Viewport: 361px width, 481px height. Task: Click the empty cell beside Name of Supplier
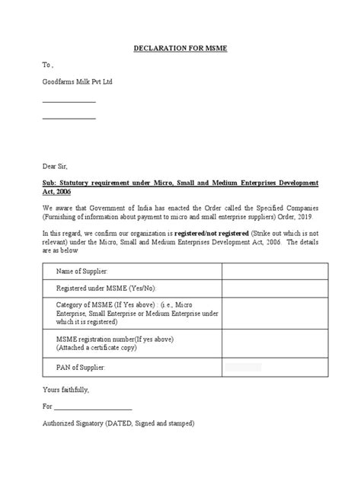(x=274, y=272)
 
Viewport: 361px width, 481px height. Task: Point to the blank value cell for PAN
(x=274, y=368)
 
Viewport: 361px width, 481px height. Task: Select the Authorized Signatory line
(x=118, y=422)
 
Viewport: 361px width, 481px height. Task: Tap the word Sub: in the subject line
(x=50, y=184)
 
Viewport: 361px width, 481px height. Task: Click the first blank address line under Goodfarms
(x=69, y=101)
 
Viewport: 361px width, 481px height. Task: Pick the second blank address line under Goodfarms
(x=69, y=119)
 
